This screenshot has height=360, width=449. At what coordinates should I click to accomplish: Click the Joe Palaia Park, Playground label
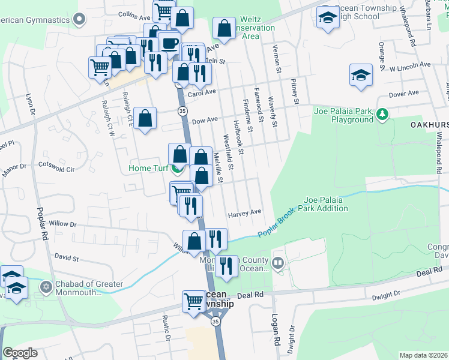[x=344, y=115]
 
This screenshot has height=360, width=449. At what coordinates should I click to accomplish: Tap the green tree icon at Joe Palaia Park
[x=382, y=113]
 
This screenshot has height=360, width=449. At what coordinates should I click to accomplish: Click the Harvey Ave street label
[x=245, y=212]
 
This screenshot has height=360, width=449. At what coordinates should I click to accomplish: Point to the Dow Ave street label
[x=205, y=120]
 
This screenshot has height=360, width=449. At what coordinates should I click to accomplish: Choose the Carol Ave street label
[x=202, y=92]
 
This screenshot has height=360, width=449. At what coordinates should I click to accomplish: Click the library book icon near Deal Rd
[x=277, y=262]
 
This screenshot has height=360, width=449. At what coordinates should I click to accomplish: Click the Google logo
[x=20, y=353]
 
